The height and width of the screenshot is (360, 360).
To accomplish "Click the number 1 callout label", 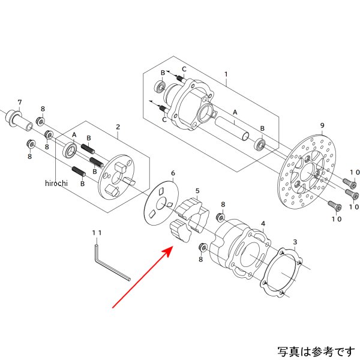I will pyautogui.click(x=226, y=74).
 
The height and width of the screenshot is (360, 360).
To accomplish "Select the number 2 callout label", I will pyautogui.click(x=118, y=127).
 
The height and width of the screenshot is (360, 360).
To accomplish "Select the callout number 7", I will pyautogui.click(x=20, y=101).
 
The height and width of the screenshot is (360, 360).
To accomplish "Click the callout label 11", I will pyautogui.click(x=97, y=231).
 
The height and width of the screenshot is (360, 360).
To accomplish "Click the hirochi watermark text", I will pyautogui.click(x=56, y=183).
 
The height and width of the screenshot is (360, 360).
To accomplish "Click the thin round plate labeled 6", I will pyautogui.click(x=160, y=203).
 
